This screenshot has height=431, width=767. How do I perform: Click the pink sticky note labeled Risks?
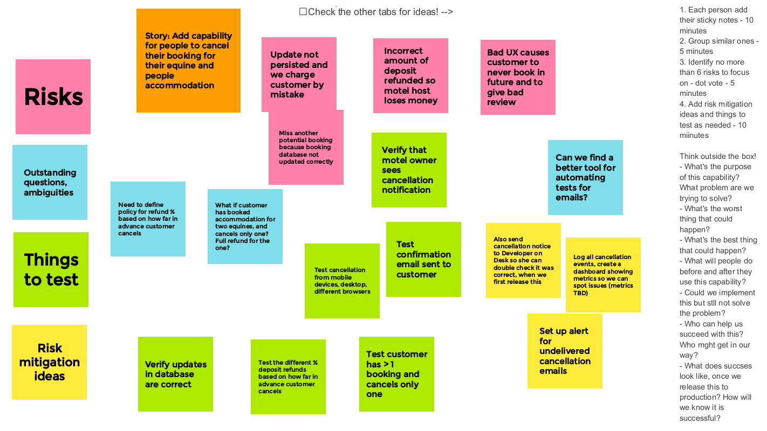point(53,96)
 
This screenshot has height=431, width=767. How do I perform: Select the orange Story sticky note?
point(188,60)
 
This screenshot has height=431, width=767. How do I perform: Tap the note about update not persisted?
point(299,74)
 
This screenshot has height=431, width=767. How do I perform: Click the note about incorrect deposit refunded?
point(410,75)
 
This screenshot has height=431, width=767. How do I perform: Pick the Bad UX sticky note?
point(518,77)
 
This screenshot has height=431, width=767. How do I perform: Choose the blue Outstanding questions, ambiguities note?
point(50,182)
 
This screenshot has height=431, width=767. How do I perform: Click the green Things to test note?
point(51,269)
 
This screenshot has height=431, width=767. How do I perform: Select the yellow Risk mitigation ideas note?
point(49,362)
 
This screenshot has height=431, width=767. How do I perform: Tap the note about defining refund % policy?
point(148,219)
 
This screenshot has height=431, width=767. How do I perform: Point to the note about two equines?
point(245,226)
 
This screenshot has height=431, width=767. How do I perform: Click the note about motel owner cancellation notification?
point(409,170)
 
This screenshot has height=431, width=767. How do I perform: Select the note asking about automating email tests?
point(585,177)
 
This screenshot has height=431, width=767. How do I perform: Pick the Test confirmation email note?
point(423,259)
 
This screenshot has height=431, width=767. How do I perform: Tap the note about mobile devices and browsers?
point(342,281)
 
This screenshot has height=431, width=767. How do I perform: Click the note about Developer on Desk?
point(523,260)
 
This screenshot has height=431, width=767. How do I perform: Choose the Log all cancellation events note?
point(603,275)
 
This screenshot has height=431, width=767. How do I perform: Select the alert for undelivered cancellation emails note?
point(565,351)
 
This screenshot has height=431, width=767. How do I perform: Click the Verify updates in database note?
point(175,374)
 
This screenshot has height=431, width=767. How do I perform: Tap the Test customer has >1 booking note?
point(396,374)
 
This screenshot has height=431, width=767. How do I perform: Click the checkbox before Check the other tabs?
point(303,12)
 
